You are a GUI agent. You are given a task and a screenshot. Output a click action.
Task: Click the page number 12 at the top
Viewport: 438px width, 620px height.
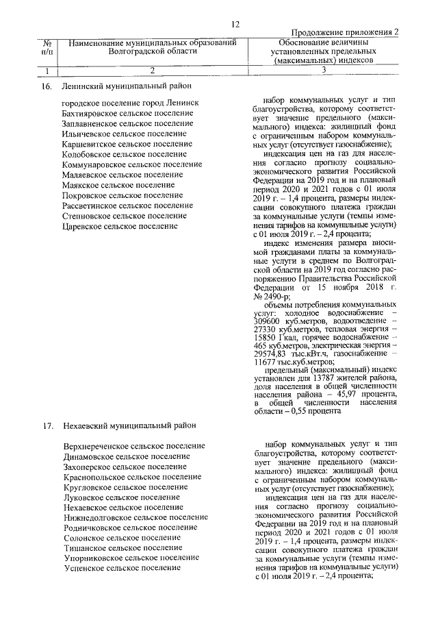[235, 24]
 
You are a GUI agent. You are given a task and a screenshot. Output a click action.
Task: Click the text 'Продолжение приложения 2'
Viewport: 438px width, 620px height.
[345, 33]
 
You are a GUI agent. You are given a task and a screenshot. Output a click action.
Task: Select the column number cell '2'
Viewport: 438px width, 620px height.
[153, 69]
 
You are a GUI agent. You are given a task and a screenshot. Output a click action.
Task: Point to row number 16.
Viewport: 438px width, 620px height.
[47, 86]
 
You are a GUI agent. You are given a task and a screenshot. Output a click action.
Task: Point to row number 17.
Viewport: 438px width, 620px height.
[47, 427]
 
